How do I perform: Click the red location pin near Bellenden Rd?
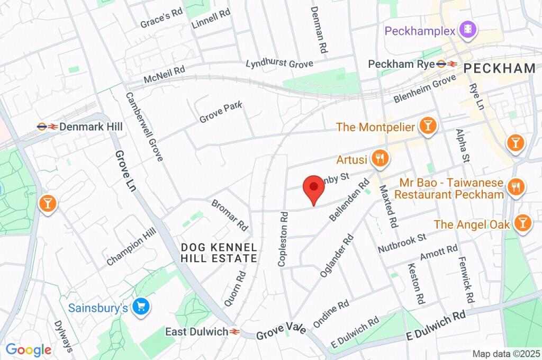313,188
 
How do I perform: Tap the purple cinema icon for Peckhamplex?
468,30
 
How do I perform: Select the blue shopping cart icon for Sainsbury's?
141,307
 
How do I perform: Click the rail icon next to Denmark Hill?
47,127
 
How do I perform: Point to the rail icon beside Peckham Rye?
447,64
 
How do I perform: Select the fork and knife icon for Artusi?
380,158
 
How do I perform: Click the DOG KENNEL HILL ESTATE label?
219,253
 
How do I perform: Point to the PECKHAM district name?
500,68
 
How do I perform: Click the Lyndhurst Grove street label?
279,64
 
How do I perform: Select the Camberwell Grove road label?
144,127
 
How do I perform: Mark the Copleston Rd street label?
284,239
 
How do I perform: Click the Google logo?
29,349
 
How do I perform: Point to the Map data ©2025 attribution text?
505,353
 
